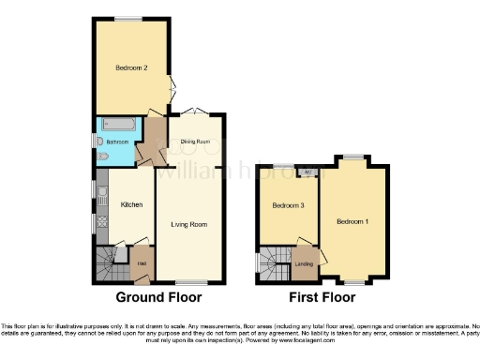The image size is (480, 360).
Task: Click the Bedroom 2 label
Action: coord(132,67)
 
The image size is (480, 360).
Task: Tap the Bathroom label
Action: coord(117,142)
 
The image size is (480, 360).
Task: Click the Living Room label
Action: coord(188,224)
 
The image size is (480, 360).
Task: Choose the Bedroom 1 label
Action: coord(352,220)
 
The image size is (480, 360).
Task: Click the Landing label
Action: coord(305,264)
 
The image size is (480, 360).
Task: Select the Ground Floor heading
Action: coord(158,298)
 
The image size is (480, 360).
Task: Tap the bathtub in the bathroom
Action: coord(118,124)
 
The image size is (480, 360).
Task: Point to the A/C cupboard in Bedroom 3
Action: coord(308,172)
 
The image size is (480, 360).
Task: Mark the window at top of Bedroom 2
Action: coord(129,19)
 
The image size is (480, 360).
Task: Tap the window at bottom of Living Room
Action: coord(189,282)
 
